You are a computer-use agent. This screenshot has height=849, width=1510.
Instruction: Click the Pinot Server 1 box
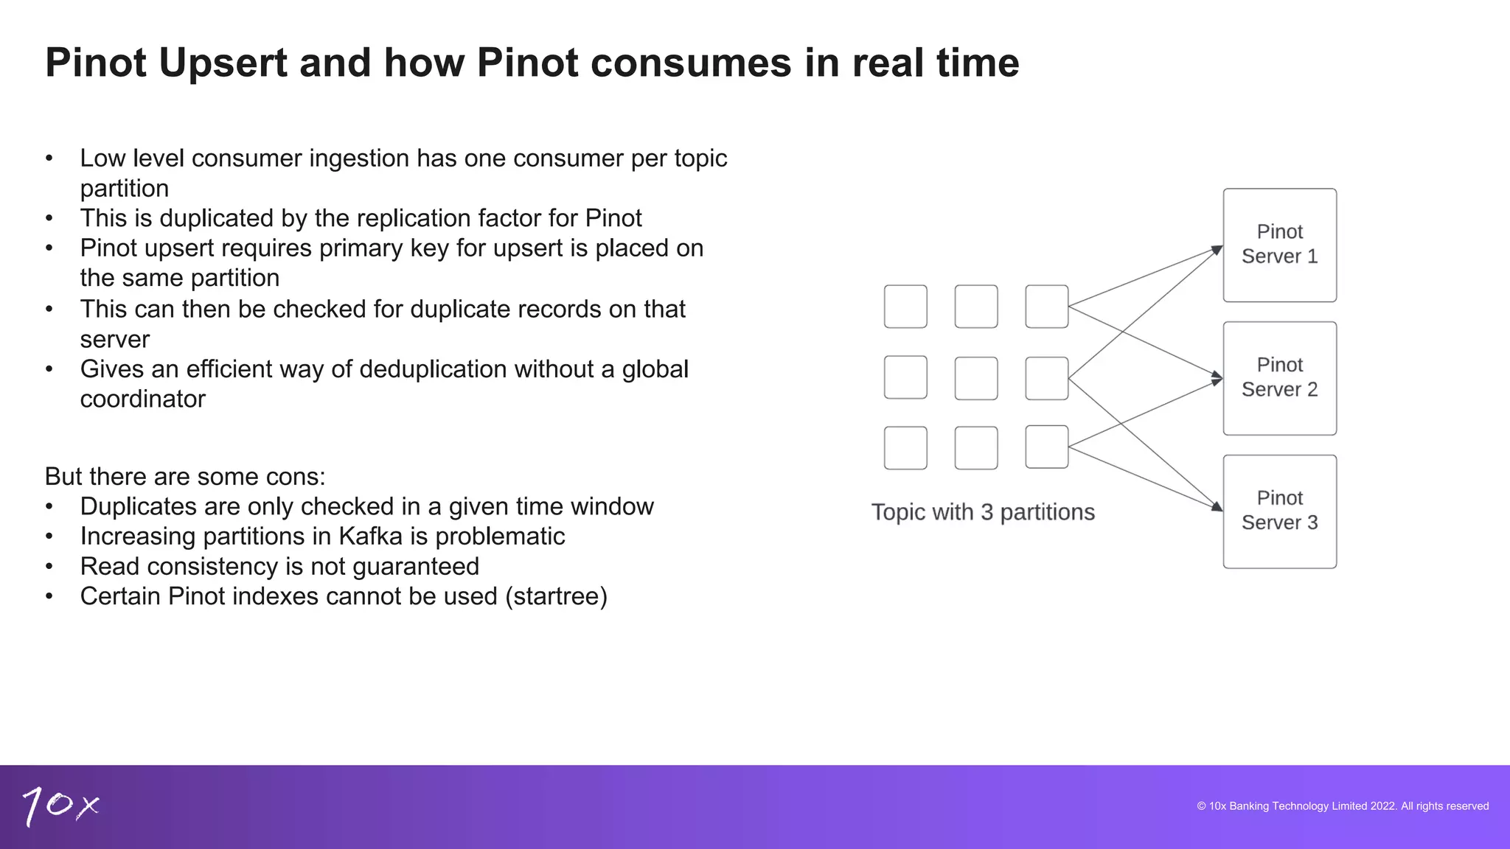coord(1279,245)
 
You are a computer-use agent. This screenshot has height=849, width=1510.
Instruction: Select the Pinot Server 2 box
coord(1279,378)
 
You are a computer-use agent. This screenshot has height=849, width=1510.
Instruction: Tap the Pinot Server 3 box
coord(1279,511)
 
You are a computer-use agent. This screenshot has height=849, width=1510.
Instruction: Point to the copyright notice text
coord(1343,806)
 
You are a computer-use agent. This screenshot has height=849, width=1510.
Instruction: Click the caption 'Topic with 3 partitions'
coord(983,512)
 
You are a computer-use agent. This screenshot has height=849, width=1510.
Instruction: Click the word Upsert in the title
coord(223,63)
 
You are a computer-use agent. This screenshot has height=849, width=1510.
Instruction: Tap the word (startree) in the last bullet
coord(556,596)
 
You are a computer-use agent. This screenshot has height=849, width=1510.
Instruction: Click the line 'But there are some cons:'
coord(185,477)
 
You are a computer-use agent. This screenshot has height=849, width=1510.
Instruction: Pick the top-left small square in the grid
coord(905,307)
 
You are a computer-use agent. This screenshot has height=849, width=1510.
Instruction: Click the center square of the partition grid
coord(976,378)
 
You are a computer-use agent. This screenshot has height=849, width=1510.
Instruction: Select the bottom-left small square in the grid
coord(905,448)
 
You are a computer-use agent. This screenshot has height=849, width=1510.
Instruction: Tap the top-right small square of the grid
coord(1047,307)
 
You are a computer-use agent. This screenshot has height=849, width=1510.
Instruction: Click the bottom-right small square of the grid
coord(1047,447)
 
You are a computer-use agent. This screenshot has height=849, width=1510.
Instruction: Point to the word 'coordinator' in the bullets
coord(143,399)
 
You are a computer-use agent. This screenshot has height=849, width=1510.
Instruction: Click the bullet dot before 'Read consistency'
coord(49,567)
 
